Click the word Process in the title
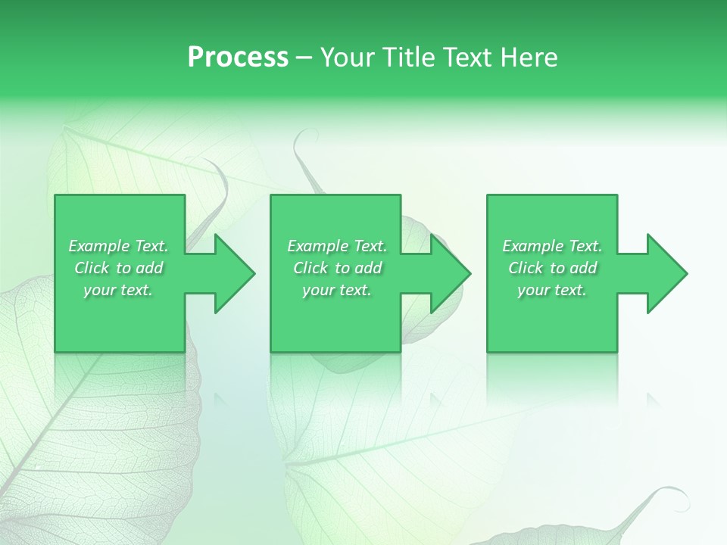(238, 58)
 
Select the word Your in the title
(348, 58)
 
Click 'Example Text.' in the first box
(119, 246)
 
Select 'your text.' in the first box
(119, 290)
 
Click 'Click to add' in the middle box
(337, 268)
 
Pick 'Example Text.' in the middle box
(337, 246)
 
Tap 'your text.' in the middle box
(337, 290)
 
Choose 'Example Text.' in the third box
(552, 246)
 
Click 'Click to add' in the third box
(552, 268)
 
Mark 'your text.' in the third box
(552, 290)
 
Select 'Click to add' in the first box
(119, 268)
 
